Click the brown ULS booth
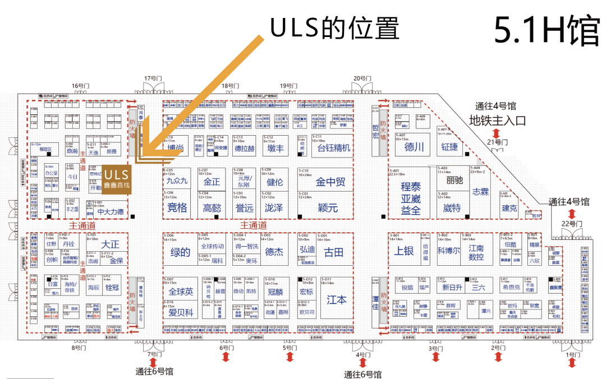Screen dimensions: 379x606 [x=117, y=179]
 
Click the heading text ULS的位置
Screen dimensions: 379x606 [x=334, y=28]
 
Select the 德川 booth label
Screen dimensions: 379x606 [x=414, y=147]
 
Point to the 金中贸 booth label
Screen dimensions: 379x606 [x=330, y=182]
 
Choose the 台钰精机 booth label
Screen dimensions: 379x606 [x=333, y=149]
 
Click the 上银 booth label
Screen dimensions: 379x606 [x=403, y=251]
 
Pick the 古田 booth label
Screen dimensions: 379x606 [x=333, y=252]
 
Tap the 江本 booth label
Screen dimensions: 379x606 [x=337, y=299]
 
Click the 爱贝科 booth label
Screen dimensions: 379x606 [x=180, y=312]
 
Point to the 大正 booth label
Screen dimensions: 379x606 [x=110, y=245]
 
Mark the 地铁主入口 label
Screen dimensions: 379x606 [x=497, y=120]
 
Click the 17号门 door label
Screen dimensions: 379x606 [x=153, y=78]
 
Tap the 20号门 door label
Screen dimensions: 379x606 [x=362, y=78]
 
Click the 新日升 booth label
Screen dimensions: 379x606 [x=452, y=288]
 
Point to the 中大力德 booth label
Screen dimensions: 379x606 [x=110, y=212]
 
